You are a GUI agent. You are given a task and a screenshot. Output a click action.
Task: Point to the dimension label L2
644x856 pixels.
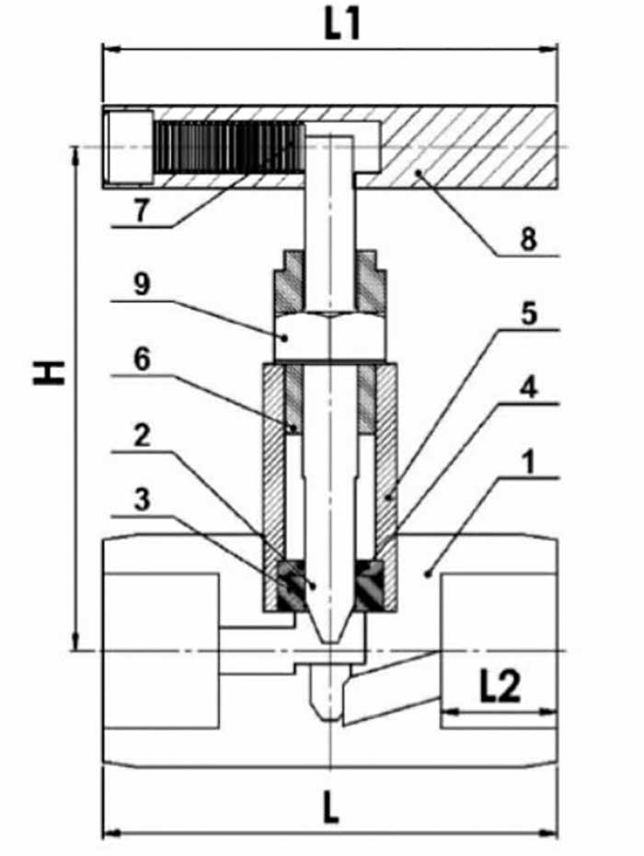coord(500,687)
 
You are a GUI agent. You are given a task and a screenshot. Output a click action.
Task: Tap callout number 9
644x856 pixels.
coord(140,284)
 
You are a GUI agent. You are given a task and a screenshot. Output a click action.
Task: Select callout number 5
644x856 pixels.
coord(526,314)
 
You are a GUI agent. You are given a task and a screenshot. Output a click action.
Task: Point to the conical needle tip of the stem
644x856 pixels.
coord(329,625)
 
